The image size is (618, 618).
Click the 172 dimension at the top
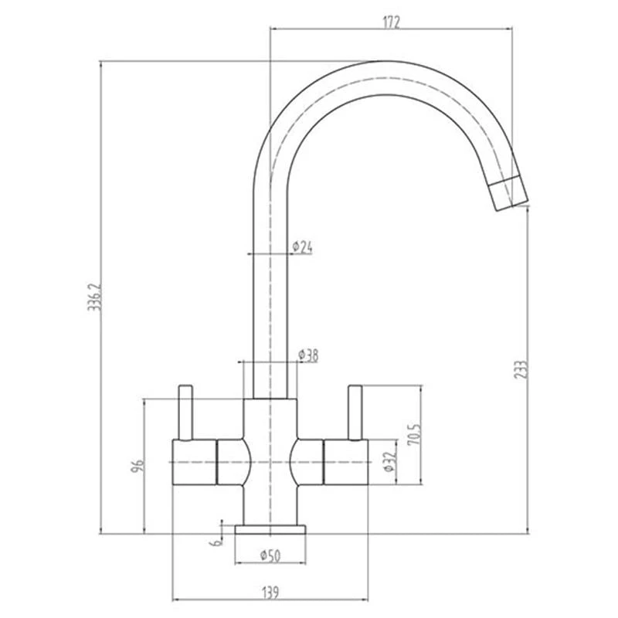(x=392, y=22)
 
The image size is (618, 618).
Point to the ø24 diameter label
(x=302, y=247)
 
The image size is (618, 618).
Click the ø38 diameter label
(x=307, y=355)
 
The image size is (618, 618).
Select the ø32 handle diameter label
(x=388, y=463)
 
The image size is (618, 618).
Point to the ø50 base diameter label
(x=270, y=555)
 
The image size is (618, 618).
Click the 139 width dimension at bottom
(x=270, y=593)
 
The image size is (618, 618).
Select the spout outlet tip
(x=511, y=193)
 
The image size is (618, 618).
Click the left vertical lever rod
(x=185, y=413)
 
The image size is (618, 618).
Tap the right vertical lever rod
(x=355, y=413)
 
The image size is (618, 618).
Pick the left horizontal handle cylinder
(x=193, y=462)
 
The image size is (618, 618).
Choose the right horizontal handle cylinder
(x=348, y=462)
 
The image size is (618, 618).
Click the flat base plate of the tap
(x=270, y=529)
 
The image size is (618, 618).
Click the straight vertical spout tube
(x=270, y=294)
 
